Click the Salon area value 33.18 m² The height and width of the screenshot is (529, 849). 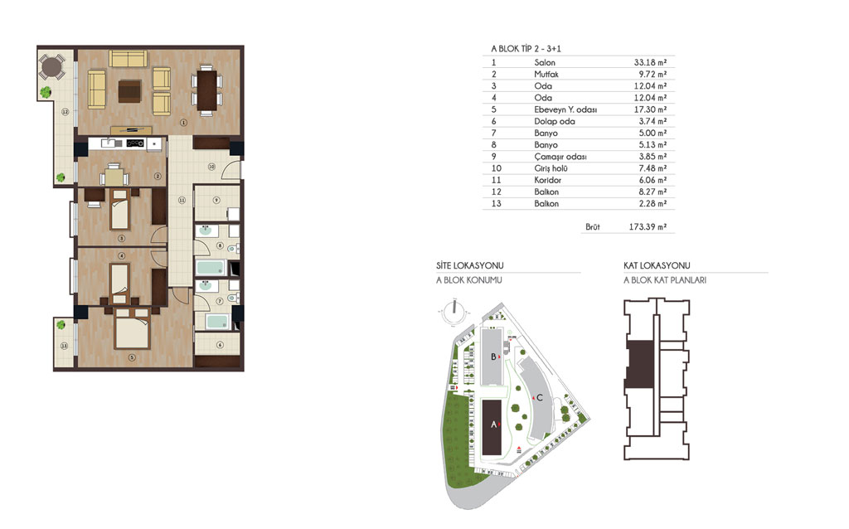650,62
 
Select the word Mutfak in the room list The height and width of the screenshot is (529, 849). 546,74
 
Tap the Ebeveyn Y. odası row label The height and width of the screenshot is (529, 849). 565,109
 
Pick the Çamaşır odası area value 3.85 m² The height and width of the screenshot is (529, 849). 653,157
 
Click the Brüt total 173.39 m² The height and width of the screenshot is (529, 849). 648,227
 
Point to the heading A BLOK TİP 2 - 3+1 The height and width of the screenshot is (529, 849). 526,49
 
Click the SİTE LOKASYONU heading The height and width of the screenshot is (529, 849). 470,266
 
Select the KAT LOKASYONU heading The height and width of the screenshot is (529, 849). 657,266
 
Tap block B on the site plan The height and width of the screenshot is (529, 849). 492,357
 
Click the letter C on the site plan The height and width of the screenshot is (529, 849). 539,397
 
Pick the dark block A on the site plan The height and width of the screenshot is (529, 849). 492,428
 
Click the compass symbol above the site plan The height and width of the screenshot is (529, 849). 454,313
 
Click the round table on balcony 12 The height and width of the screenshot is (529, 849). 51,68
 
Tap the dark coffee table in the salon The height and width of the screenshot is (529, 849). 130,91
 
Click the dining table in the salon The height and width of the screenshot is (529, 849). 206,90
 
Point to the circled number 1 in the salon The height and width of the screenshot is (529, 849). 183,123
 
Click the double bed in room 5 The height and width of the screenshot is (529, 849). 132,329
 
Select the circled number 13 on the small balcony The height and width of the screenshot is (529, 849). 65,346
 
